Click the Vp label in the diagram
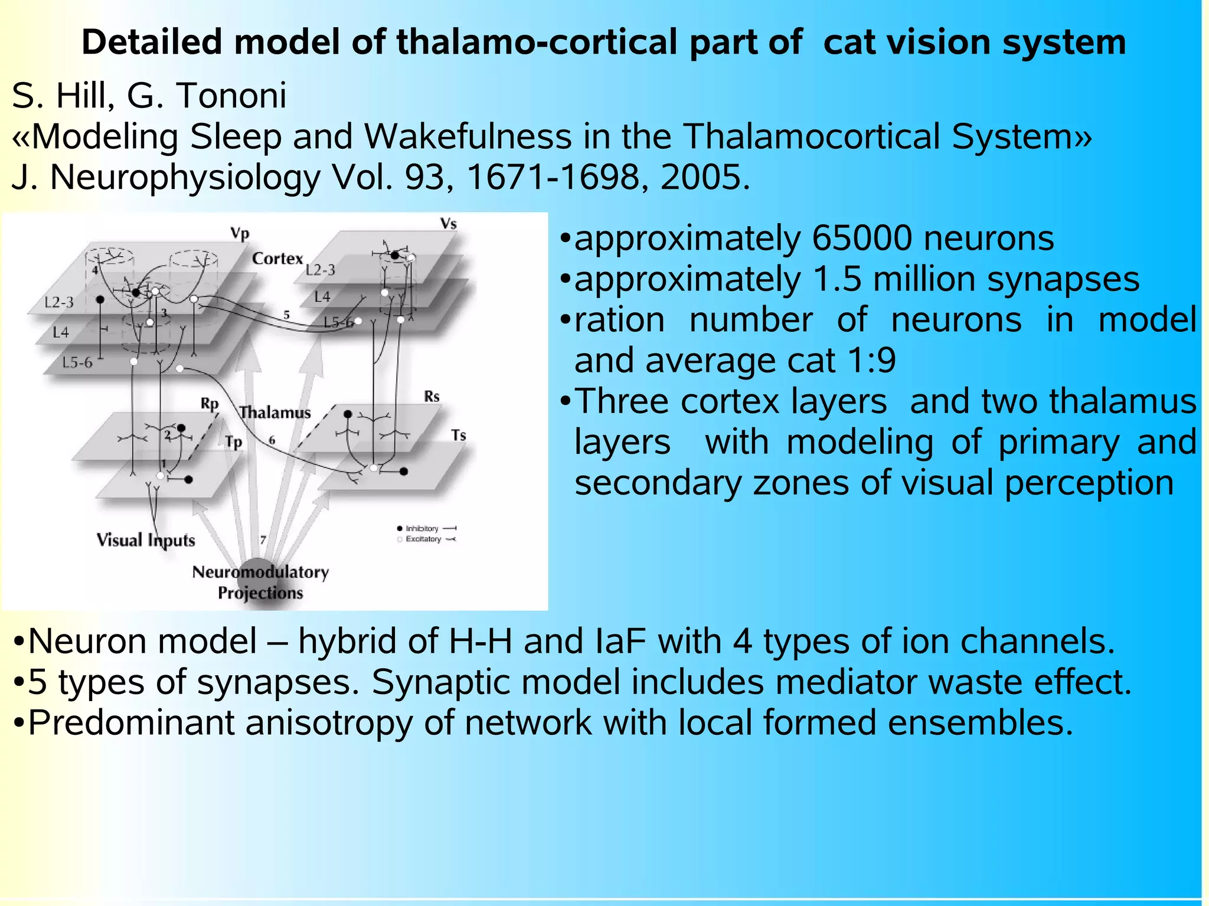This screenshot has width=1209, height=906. click(x=240, y=233)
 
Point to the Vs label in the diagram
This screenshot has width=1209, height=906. click(x=448, y=224)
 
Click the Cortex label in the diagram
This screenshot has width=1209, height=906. click(x=277, y=259)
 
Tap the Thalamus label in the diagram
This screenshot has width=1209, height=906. click(x=275, y=412)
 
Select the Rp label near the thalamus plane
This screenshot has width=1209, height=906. click(x=209, y=404)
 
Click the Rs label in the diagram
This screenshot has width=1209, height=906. click(x=432, y=397)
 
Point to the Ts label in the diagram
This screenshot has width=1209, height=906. click(x=459, y=436)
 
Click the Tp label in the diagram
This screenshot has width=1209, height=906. click(x=233, y=442)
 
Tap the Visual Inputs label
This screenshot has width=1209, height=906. click(x=146, y=540)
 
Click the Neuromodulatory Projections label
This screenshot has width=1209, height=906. click(x=260, y=582)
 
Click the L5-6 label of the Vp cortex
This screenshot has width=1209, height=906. click(x=77, y=362)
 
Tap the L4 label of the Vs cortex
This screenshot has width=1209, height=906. click(x=322, y=297)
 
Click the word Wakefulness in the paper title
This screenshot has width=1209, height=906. click(x=468, y=137)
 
